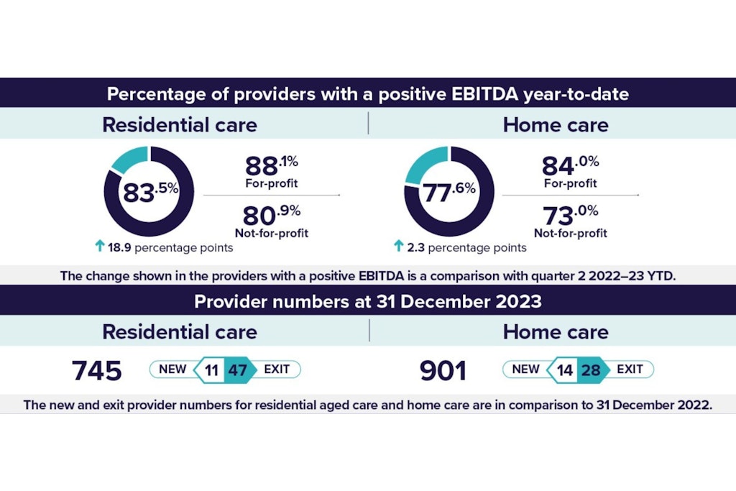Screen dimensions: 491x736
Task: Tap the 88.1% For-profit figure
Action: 265,167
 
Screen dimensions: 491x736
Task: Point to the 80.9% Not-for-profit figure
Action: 266,215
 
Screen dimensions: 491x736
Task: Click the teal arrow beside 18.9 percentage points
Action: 99,247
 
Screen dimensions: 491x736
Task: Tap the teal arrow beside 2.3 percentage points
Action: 399,247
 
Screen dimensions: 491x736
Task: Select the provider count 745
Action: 96,371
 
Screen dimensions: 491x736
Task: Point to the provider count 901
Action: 443,371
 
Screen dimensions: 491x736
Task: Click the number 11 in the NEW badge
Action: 211,370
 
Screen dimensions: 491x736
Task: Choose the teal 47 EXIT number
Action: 236,370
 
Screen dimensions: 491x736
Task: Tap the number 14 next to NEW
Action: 565,370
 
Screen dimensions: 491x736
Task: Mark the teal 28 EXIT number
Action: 591,370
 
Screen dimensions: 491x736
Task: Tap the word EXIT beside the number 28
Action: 630,370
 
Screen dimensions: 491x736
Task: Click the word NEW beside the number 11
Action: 172,370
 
